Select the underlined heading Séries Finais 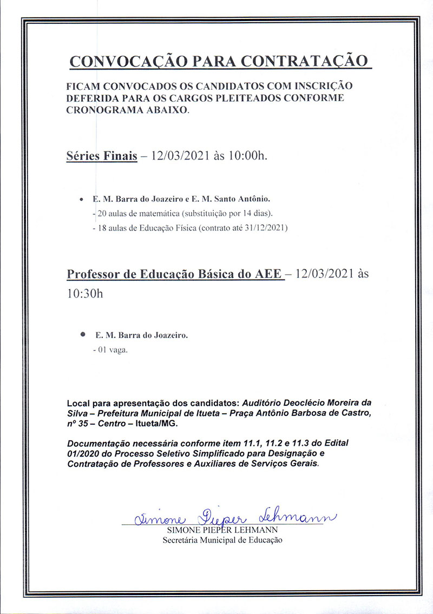coord(101,156)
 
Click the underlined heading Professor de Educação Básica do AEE coord(175,274)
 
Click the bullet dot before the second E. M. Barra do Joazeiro coord(82,335)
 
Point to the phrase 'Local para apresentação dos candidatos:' coord(153,404)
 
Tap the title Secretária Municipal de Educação coord(223,540)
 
